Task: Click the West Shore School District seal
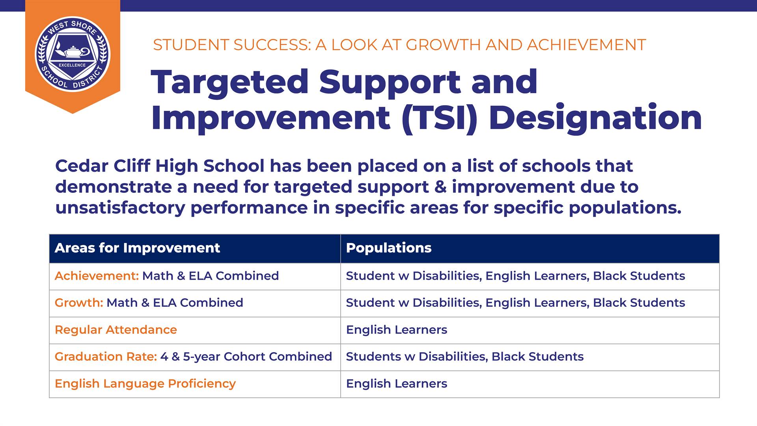73,54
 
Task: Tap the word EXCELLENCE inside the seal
72,65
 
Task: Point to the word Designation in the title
595,118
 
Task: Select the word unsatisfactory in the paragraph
120,208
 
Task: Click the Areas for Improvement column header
137,248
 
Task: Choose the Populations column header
389,248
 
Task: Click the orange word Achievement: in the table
97,276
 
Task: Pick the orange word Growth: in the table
79,303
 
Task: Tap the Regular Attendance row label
116,330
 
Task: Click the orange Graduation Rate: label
106,357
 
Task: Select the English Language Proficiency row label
145,384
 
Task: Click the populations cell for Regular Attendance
397,330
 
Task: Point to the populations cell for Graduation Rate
465,357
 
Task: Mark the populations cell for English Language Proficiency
397,384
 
